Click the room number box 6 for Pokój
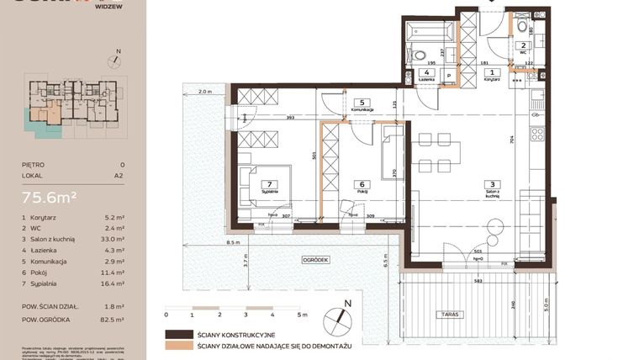coord(362,184)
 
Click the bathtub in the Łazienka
coord(430,34)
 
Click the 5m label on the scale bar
coord(299,314)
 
